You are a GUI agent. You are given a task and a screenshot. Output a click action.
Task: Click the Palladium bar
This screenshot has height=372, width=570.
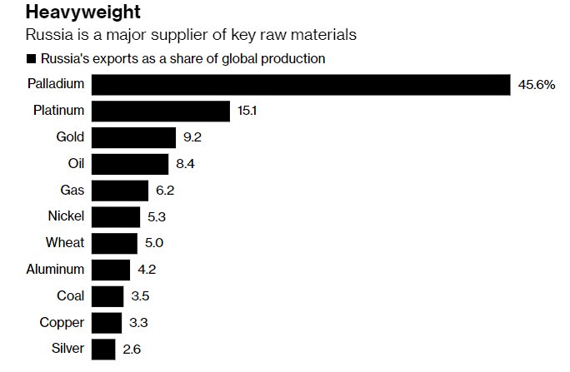coord(300,86)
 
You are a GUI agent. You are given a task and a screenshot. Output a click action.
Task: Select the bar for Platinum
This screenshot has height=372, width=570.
coord(160,112)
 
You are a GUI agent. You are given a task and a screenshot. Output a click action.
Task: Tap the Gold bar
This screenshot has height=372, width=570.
coord(133,138)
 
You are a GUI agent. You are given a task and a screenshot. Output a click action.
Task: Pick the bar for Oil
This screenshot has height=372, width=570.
coord(130,164)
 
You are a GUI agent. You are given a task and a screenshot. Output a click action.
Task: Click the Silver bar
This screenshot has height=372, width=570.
coord(102,350)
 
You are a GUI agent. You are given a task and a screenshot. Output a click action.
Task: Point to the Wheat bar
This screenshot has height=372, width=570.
coord(114,243)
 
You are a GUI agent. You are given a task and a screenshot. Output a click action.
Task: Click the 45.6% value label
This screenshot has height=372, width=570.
coord(537,86)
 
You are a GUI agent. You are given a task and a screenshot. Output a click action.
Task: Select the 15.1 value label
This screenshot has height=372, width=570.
coord(247,112)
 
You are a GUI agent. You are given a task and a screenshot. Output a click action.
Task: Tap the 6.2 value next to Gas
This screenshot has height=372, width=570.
coord(165,191)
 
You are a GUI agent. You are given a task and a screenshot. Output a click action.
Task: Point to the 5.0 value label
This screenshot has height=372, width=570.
coord(154,243)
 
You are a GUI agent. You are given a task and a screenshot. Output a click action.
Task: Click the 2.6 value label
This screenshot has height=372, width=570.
coord(132,350)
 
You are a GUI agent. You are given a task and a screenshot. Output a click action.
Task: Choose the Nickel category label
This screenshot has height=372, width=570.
coord(66,217)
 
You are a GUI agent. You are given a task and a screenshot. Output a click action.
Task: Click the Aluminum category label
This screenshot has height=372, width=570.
coord(55,270)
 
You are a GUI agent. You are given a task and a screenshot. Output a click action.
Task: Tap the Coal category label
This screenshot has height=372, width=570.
coord(70,296)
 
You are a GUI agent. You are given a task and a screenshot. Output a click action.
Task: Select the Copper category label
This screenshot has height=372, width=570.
coord(62,323)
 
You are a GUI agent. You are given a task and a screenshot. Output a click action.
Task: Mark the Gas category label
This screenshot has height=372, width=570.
coord(72,191)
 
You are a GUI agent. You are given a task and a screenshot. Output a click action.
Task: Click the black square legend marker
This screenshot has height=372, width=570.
coord(32,59)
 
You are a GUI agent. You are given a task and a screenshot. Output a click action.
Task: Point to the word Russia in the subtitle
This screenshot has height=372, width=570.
coord(47,36)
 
